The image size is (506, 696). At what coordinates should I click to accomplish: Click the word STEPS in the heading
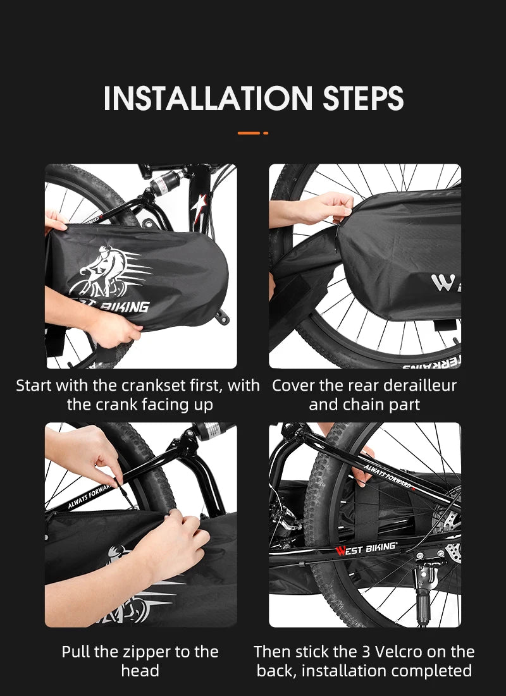coord(363,98)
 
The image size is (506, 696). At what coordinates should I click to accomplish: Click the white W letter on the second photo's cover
coord(440,283)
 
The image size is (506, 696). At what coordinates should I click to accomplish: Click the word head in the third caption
coord(140,670)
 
